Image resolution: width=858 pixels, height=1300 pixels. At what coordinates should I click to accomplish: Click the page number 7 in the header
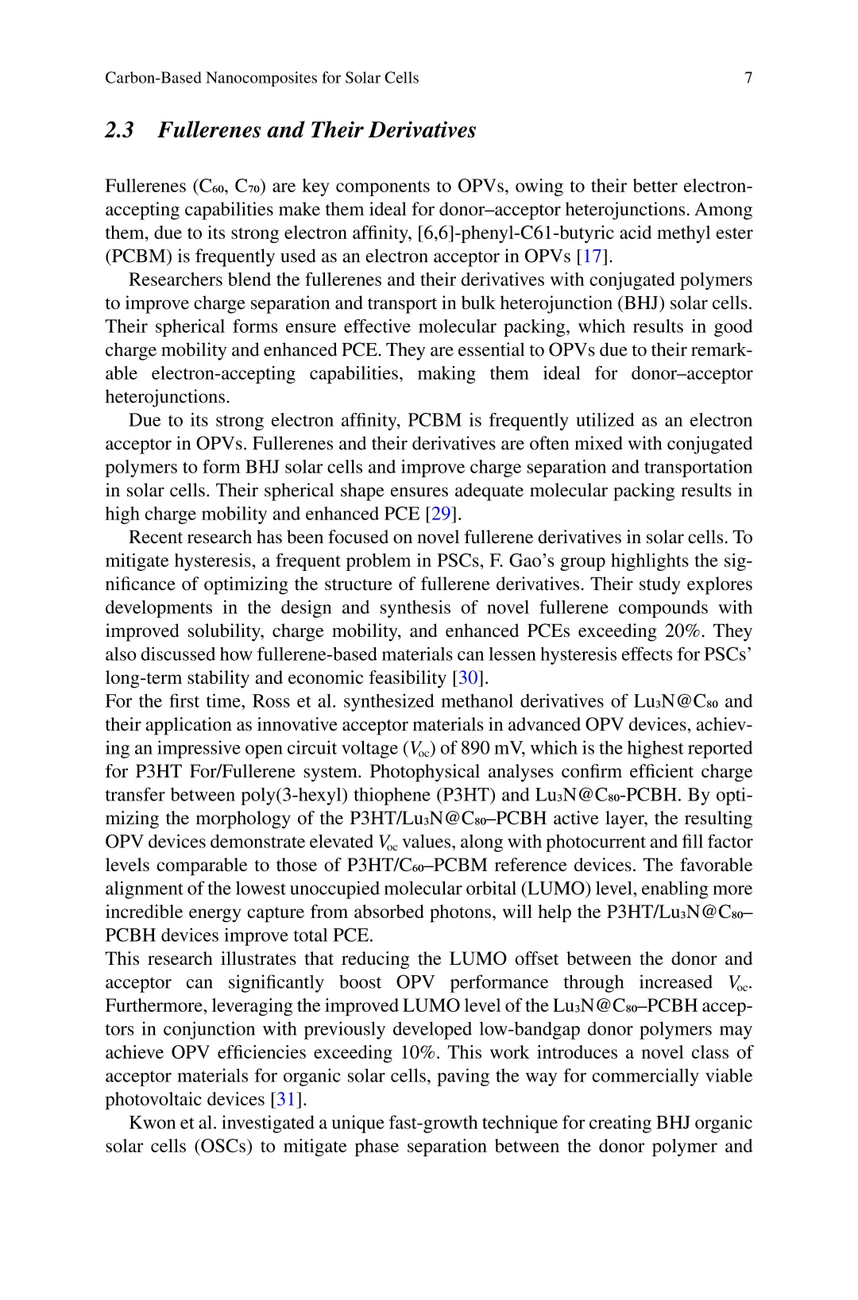748,78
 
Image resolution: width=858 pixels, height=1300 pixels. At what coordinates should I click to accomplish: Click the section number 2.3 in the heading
119,129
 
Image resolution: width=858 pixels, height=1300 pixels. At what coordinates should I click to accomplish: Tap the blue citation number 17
593,257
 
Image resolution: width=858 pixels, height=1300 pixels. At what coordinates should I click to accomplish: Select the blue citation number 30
469,678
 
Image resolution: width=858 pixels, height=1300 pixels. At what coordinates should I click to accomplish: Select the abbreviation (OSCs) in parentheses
227,1147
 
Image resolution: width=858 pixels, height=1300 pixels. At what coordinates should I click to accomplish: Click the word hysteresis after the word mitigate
208,561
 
